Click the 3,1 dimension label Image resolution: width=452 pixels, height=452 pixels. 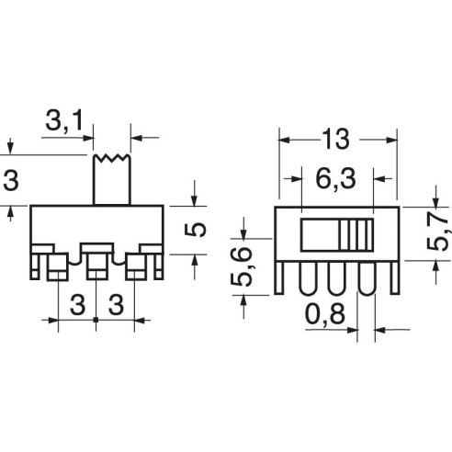[x=64, y=120]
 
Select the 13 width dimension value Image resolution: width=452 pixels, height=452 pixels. [x=335, y=140]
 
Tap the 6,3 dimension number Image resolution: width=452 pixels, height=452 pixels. [x=335, y=179]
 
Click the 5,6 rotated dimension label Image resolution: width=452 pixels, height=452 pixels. [x=242, y=266]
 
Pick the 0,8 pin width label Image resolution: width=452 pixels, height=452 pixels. [x=325, y=314]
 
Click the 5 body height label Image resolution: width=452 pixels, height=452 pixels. [x=196, y=230]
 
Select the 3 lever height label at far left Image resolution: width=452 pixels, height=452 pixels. [x=11, y=180]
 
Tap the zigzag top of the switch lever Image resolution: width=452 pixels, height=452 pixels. [x=112, y=158]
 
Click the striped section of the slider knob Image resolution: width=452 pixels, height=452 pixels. [x=356, y=235]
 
